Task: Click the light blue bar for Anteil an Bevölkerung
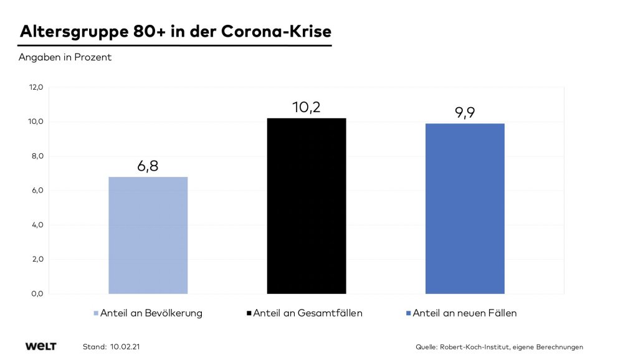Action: click(148, 235)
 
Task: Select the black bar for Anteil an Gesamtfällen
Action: click(307, 206)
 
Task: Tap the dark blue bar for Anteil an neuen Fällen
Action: click(465, 208)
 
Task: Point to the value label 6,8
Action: click(148, 167)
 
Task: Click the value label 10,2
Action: click(307, 108)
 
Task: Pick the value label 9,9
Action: click(465, 113)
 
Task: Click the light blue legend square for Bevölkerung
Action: click(95, 313)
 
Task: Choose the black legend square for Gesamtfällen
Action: click(249, 313)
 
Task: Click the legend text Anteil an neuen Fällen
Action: click(465, 313)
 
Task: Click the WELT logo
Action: click(40, 346)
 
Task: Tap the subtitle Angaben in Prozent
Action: click(65, 58)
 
